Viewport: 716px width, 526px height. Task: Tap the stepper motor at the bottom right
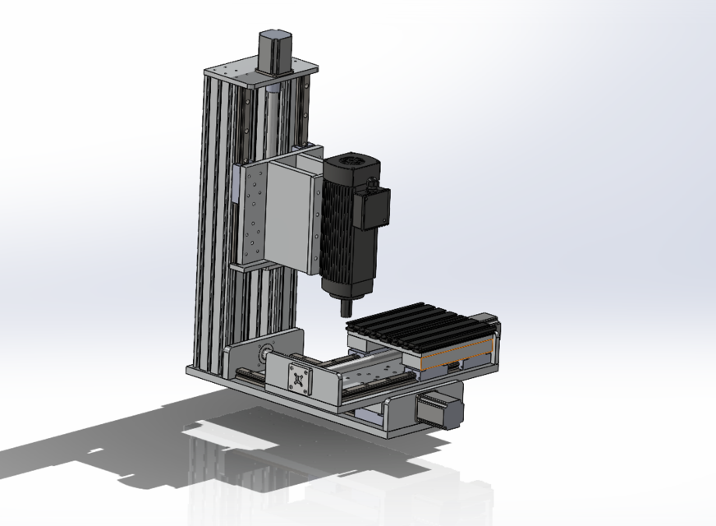click(440, 408)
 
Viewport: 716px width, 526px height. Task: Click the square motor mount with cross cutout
click(301, 379)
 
